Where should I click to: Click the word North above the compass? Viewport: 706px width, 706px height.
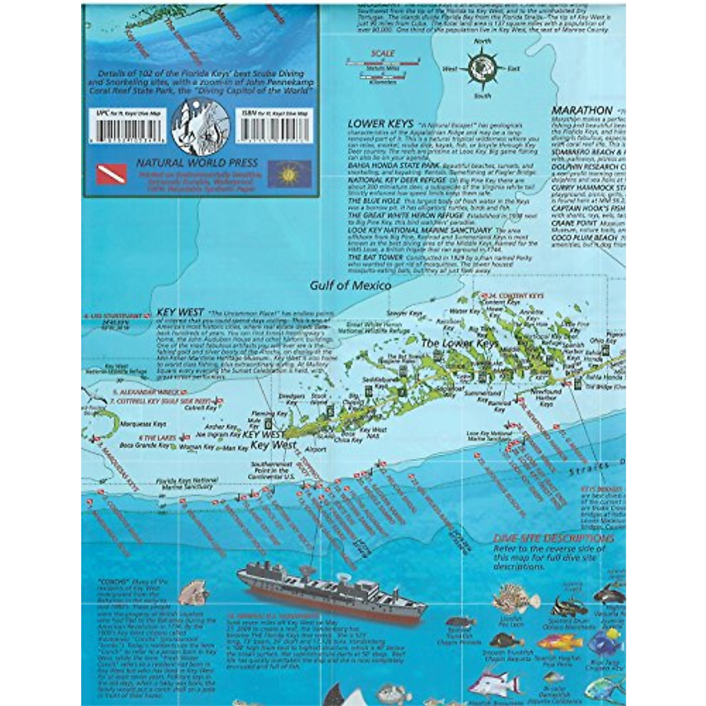click(482, 42)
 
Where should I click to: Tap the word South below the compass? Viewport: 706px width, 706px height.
click(482, 95)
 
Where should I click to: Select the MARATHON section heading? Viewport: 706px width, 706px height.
click(574, 110)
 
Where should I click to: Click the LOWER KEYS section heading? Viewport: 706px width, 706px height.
click(373, 124)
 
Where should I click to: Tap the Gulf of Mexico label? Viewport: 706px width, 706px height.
click(351, 285)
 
